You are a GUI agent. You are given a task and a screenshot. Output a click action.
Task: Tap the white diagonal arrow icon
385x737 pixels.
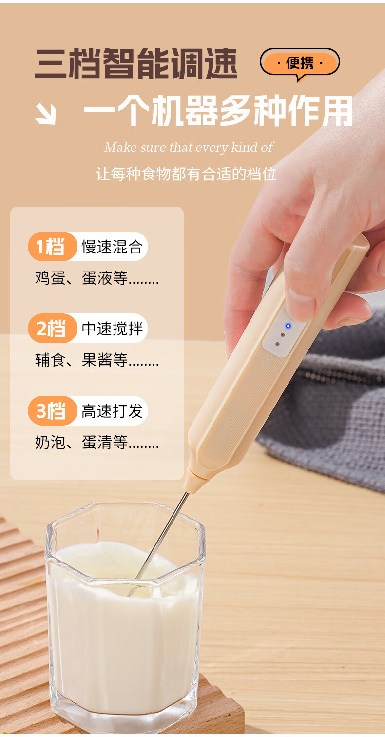click(45, 114)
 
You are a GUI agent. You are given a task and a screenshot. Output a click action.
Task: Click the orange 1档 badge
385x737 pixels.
click(52, 247)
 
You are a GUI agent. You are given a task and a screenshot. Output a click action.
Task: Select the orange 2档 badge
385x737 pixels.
click(52, 329)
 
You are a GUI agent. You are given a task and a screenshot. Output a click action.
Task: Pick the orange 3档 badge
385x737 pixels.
click(52, 410)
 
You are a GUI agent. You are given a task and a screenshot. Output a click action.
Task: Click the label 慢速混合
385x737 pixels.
click(112, 247)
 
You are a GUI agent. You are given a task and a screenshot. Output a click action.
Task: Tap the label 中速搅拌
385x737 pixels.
click(112, 329)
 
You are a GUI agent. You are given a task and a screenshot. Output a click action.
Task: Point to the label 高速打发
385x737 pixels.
click(112, 411)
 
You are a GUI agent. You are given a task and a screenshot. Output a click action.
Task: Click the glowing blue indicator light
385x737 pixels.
click(288, 326)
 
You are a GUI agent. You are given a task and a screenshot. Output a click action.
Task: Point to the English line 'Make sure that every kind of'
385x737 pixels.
click(189, 147)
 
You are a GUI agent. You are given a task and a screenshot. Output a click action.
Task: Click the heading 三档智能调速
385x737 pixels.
click(136, 63)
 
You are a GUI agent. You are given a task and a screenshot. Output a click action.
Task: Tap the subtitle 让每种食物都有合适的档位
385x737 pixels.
click(186, 174)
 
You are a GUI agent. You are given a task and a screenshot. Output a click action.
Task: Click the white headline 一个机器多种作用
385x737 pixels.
click(218, 111)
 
